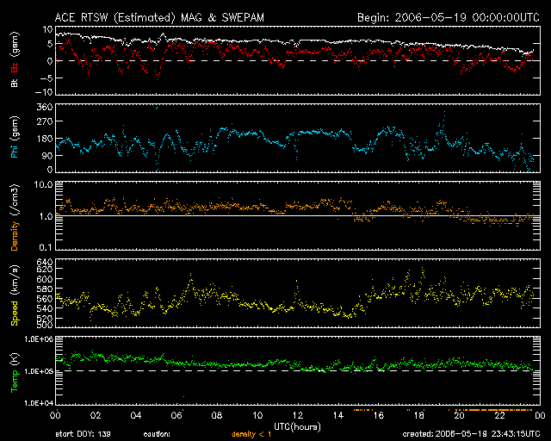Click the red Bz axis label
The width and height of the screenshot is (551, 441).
click(x=15, y=67)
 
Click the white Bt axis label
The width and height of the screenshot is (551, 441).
click(x=15, y=82)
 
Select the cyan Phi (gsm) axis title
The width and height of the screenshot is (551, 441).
click(x=15, y=137)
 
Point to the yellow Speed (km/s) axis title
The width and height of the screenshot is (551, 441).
click(x=15, y=295)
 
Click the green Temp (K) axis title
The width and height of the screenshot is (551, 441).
click(x=15, y=373)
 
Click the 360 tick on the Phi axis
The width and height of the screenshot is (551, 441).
click(x=45, y=107)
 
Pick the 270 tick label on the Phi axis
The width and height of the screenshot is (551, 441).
click(x=45, y=121)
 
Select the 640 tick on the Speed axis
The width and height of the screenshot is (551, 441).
click(x=45, y=262)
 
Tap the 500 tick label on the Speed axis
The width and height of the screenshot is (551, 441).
click(x=45, y=324)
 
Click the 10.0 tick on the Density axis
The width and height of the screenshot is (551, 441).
click(x=43, y=184)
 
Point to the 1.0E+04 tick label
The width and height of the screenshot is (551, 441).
click(x=39, y=403)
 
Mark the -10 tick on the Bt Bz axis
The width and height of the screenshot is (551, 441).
click(x=44, y=92)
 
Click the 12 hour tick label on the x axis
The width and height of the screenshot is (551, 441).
click(x=298, y=415)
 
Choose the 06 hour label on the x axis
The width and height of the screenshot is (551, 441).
click(x=176, y=415)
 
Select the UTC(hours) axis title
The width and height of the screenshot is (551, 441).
click(x=297, y=426)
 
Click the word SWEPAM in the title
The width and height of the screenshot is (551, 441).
click(x=243, y=17)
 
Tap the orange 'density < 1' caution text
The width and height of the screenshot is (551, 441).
click(x=251, y=434)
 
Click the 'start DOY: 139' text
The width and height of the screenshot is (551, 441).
click(x=84, y=434)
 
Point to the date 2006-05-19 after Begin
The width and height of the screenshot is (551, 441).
click(x=430, y=17)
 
